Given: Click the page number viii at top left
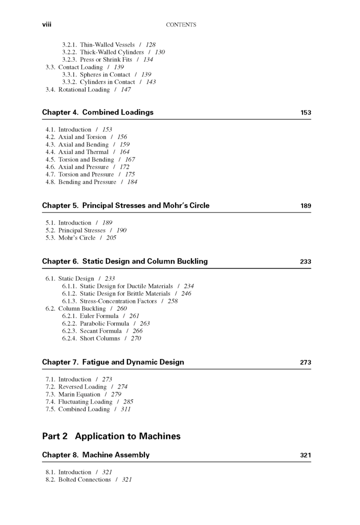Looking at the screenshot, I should (47, 24).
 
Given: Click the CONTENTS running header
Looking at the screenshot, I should (180, 24).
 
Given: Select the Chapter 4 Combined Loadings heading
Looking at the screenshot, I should (98, 112).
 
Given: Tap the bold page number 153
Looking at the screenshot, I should (305, 113).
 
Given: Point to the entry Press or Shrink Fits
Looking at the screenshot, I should (105, 59).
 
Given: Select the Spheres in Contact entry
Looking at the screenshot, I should (105, 74).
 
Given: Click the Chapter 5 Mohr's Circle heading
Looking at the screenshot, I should (126, 205).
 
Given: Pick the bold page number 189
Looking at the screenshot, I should (305, 206).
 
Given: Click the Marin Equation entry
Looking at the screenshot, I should (79, 394).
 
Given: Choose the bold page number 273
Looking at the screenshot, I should (305, 362).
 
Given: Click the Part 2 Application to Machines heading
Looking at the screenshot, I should (111, 436).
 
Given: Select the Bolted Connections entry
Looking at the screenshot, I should (84, 479).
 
